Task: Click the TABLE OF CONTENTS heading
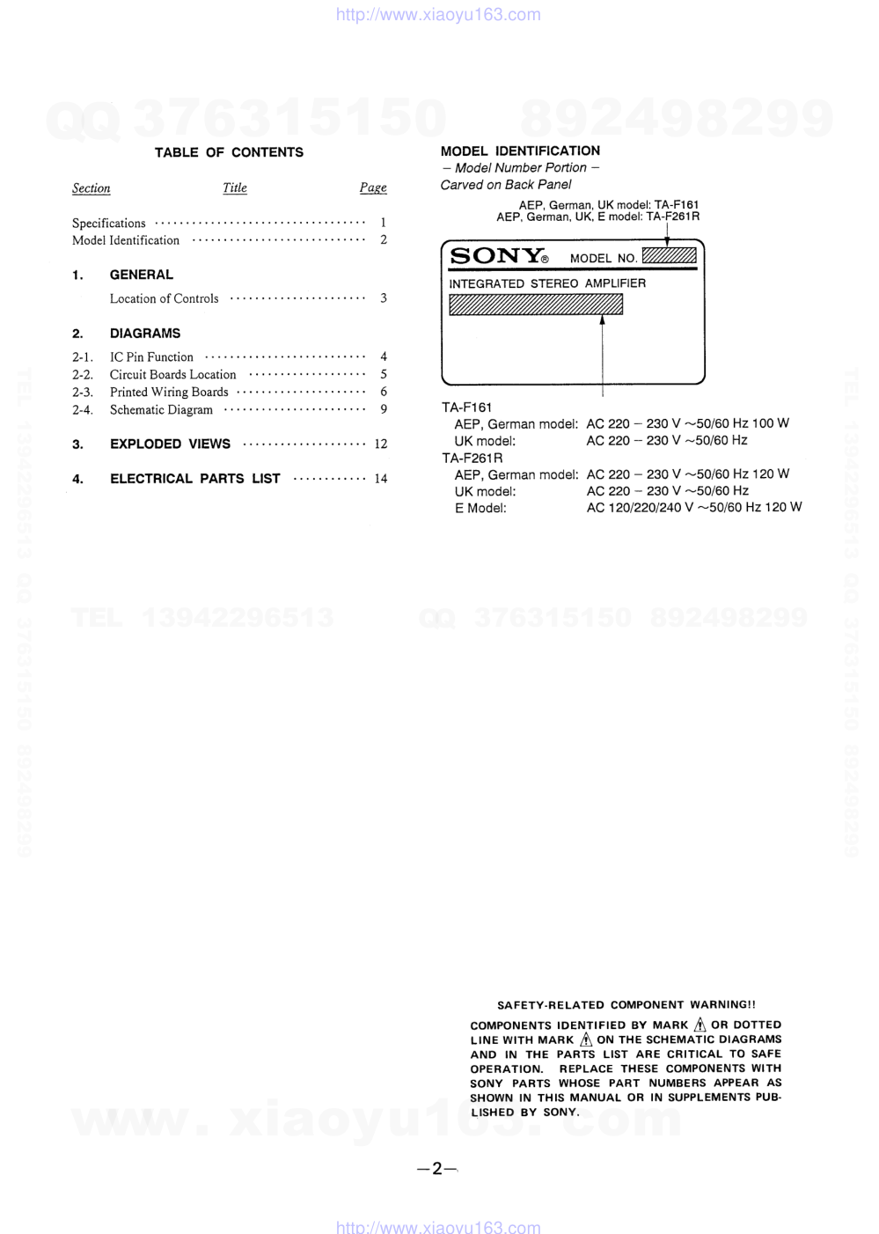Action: point(229,152)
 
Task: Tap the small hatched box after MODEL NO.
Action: point(669,256)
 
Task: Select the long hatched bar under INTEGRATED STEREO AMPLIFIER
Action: point(535,305)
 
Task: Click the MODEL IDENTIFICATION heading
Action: point(520,151)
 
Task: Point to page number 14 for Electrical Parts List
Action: point(380,479)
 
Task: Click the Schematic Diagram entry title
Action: point(161,409)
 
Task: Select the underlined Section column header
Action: point(91,188)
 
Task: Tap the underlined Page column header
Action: point(373,187)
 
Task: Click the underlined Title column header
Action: point(235,187)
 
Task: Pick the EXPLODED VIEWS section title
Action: point(170,444)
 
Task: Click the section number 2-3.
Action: point(83,392)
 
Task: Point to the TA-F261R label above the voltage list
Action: point(472,458)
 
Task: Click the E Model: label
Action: point(480,508)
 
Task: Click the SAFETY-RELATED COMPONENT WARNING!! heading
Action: point(626,1004)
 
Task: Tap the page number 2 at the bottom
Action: point(437,1169)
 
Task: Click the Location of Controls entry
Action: point(164,298)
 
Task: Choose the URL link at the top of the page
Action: point(438,14)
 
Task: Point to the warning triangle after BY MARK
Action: point(700,1025)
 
